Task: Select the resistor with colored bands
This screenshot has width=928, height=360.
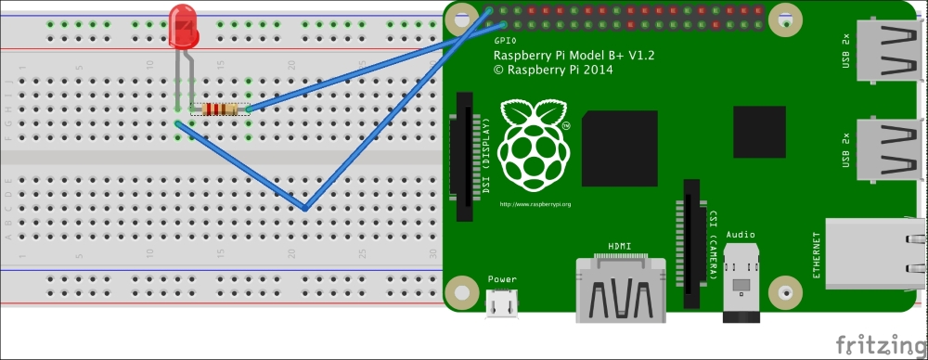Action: [219, 109]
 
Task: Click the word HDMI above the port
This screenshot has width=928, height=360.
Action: [621, 246]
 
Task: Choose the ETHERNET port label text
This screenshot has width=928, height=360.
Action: [818, 253]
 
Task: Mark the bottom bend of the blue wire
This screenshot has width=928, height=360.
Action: [305, 207]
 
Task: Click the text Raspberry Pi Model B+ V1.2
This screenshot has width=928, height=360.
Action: [574, 56]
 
